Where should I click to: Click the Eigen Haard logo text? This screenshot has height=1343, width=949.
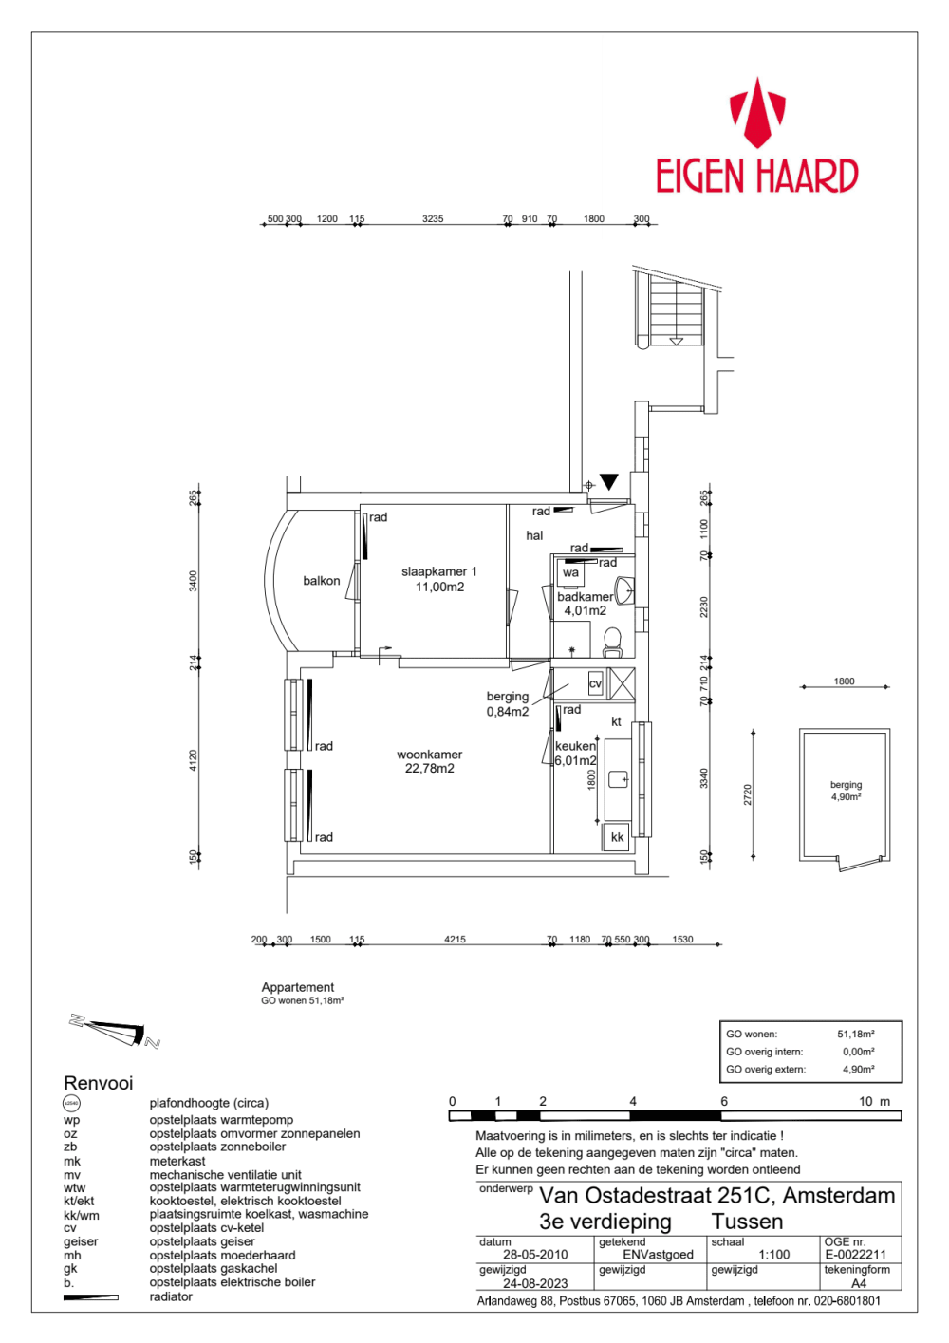[756, 177]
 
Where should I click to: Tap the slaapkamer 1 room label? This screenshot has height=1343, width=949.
[439, 579]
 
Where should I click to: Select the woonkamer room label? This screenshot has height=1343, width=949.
[430, 761]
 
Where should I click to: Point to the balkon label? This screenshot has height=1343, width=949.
[322, 581]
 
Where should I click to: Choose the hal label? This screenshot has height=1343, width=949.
[534, 536]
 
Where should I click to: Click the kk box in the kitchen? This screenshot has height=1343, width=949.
[617, 837]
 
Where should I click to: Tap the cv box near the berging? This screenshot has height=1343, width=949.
[595, 683]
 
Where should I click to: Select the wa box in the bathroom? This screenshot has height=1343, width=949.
[570, 573]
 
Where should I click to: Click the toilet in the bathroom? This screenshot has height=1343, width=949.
[612, 642]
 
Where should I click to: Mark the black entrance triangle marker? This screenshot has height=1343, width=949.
[608, 482]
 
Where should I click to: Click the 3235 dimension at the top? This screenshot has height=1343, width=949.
[433, 219]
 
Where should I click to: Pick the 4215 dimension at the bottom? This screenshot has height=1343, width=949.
[455, 940]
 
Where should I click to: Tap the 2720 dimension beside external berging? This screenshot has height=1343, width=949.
[748, 795]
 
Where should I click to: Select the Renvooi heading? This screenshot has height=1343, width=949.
[99, 1083]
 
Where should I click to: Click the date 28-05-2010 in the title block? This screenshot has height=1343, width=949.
[535, 1254]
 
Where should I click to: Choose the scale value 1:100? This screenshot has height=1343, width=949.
[774, 1254]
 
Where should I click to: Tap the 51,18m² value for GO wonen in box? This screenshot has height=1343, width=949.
[855, 1035]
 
